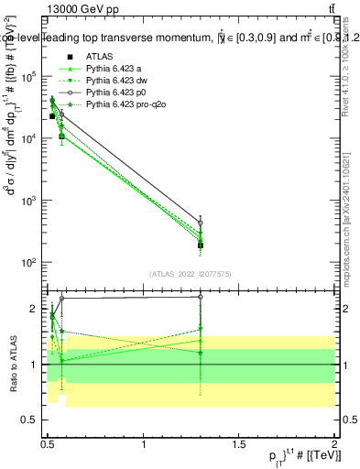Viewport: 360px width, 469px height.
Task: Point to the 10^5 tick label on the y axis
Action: pyautogui.click(x=27, y=78)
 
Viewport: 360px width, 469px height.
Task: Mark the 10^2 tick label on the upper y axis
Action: pyautogui.click(x=27, y=263)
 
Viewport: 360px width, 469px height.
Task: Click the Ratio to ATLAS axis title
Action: pyautogui.click(x=11, y=364)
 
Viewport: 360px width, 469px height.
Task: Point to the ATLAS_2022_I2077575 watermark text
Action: pyautogui.click(x=191, y=274)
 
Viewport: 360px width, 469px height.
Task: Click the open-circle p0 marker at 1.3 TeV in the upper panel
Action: pyautogui.click(x=201, y=223)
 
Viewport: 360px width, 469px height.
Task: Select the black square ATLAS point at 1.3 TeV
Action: pyautogui.click(x=201, y=245)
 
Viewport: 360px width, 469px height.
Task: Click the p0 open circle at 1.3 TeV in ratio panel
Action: pyautogui.click(x=201, y=297)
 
